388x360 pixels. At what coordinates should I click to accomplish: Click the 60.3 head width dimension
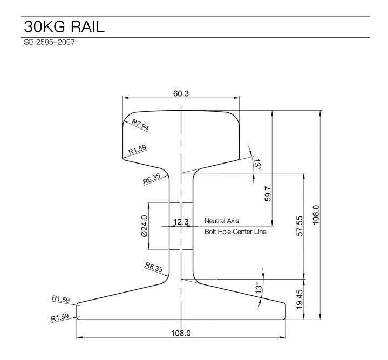[x=181, y=93]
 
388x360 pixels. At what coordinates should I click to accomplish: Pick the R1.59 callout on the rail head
[x=137, y=150]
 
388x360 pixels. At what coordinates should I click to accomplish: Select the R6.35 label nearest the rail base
[x=153, y=267]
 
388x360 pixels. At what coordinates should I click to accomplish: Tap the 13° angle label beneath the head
[x=256, y=164]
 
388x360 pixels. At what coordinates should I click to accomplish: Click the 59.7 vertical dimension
[x=268, y=193]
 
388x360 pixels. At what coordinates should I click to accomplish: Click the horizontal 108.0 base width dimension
[x=181, y=332]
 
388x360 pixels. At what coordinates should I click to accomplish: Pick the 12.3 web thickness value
[x=181, y=222]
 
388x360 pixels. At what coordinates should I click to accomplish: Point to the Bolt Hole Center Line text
[x=235, y=232]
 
